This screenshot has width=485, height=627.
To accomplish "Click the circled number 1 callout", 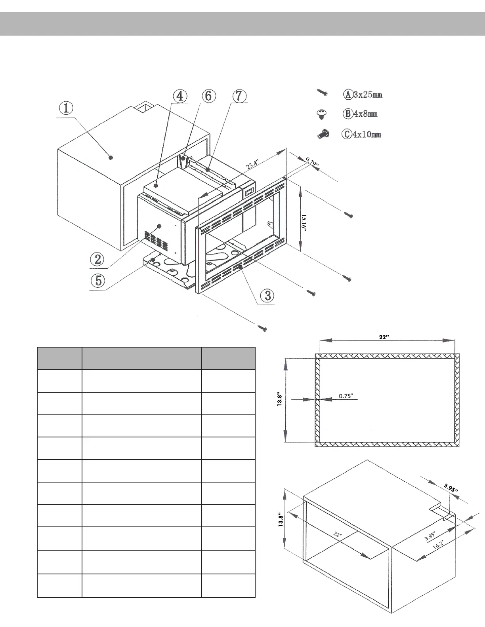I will click(x=67, y=108).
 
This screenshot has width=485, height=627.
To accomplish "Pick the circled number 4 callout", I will click(x=179, y=96).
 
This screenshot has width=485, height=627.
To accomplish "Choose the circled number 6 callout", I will click(x=208, y=96).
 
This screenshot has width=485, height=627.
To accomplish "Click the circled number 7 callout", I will click(x=239, y=96).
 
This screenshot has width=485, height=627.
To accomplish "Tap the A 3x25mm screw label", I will click(x=363, y=95).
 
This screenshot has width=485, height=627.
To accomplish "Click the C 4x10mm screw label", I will click(x=361, y=134).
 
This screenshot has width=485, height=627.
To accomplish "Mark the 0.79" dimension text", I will click(x=312, y=162).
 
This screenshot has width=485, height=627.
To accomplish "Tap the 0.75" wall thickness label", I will click(x=346, y=395).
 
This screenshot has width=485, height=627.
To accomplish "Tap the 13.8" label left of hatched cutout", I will click(x=280, y=400).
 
